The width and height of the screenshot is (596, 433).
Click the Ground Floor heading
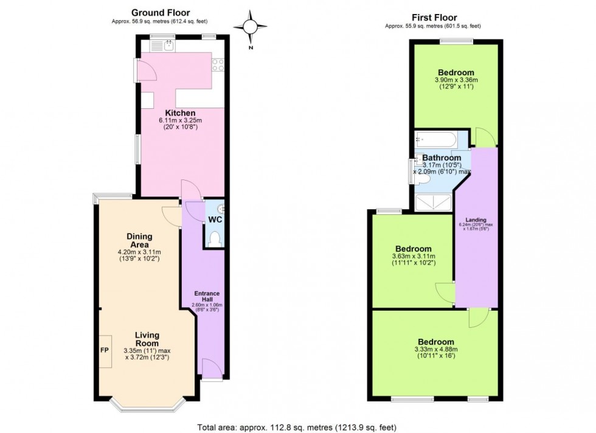[161, 12]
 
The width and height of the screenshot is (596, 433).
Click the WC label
[215, 218]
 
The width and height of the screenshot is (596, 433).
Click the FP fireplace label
[103, 351]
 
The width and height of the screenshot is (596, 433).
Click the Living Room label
[147, 339]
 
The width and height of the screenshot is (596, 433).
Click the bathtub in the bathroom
[434, 141]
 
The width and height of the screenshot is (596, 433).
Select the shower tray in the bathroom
[432, 202]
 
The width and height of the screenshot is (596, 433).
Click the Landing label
[476, 220]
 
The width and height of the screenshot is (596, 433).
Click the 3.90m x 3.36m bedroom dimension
[456, 80]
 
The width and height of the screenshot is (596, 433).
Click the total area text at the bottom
[297, 427]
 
